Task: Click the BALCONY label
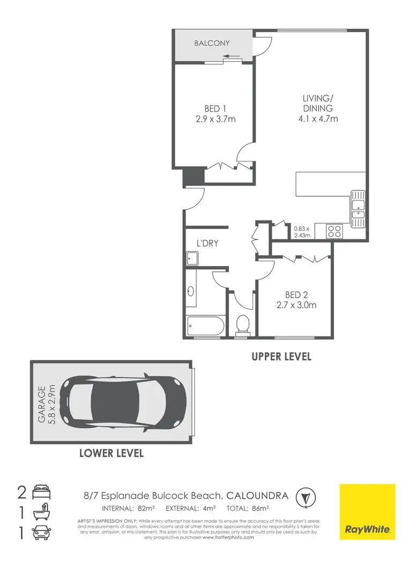(x=212, y=43)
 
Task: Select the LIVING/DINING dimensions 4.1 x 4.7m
(x=318, y=119)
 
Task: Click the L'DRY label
(x=207, y=243)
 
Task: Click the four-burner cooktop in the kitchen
(x=334, y=231)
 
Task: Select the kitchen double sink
(x=358, y=208)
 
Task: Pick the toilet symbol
(x=242, y=324)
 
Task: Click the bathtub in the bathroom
(x=205, y=326)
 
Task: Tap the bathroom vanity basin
(x=191, y=292)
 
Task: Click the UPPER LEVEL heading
(x=281, y=356)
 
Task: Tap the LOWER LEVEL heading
(x=111, y=453)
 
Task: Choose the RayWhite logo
(x=367, y=512)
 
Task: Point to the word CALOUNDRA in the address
(x=257, y=496)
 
